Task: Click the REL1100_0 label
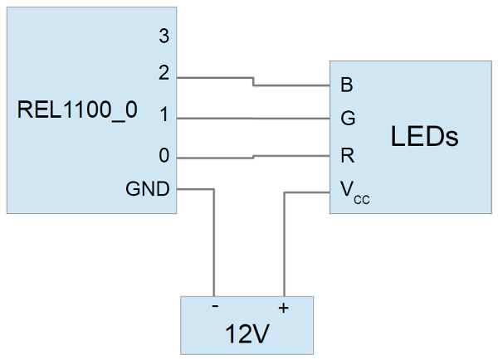click(77, 111)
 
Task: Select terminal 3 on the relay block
click(164, 36)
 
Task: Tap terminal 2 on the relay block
click(164, 74)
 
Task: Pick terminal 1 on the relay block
click(164, 116)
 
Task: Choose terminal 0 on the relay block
click(164, 155)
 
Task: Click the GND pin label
click(148, 189)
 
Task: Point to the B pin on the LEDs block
click(346, 85)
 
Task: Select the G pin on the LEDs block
click(348, 119)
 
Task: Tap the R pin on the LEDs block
click(347, 155)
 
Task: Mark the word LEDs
click(424, 136)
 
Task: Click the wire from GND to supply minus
click(215, 249)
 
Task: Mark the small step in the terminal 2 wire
click(253, 81)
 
